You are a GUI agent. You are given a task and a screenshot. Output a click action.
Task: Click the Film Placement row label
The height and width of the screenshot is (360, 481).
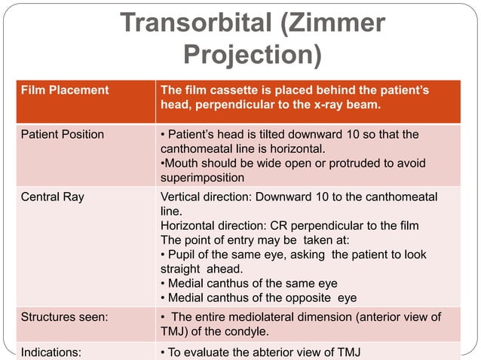(64, 90)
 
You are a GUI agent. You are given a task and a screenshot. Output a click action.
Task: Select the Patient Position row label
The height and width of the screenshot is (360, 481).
(63, 134)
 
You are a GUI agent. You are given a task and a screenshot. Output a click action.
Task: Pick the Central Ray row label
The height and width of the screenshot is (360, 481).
(53, 197)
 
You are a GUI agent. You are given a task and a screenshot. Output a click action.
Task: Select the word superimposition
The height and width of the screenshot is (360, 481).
(202, 178)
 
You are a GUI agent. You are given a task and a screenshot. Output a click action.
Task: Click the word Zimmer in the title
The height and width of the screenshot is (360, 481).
(337, 23)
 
